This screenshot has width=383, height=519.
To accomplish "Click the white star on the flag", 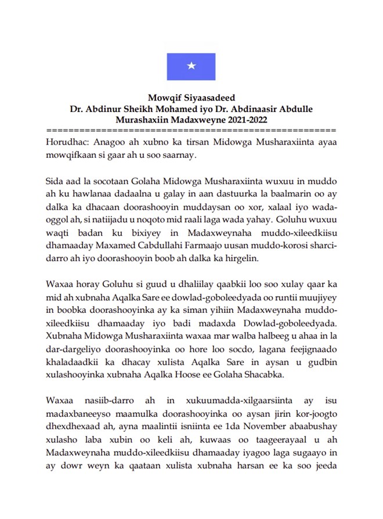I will (191, 66).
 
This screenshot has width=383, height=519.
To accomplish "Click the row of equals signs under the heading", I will (191, 129).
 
